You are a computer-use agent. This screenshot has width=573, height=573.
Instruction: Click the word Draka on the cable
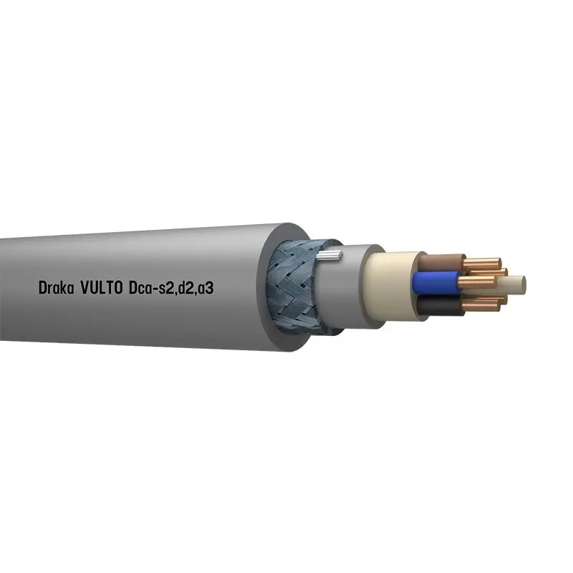pyautogui.click(x=57, y=288)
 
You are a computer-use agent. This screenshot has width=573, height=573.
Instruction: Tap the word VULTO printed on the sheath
pyautogui.click(x=102, y=288)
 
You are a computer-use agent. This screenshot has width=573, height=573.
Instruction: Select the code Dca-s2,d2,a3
pyautogui.click(x=171, y=289)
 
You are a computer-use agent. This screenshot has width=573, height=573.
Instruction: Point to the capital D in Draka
pyautogui.click(x=42, y=288)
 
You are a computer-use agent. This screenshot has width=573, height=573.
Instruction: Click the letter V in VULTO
pyautogui.click(x=85, y=288)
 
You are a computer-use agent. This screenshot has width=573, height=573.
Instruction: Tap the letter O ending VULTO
pyautogui.click(x=119, y=288)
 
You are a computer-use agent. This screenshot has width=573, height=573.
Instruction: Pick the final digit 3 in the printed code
pyautogui.click(x=209, y=288)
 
